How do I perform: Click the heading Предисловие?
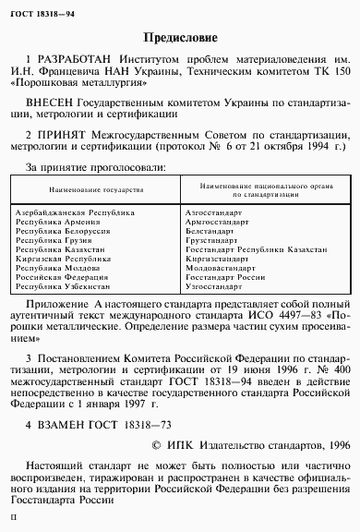coord(181,39)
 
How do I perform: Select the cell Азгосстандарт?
coord(213,212)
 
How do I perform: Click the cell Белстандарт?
coord(210,230)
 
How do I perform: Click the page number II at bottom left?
coord(12,522)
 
